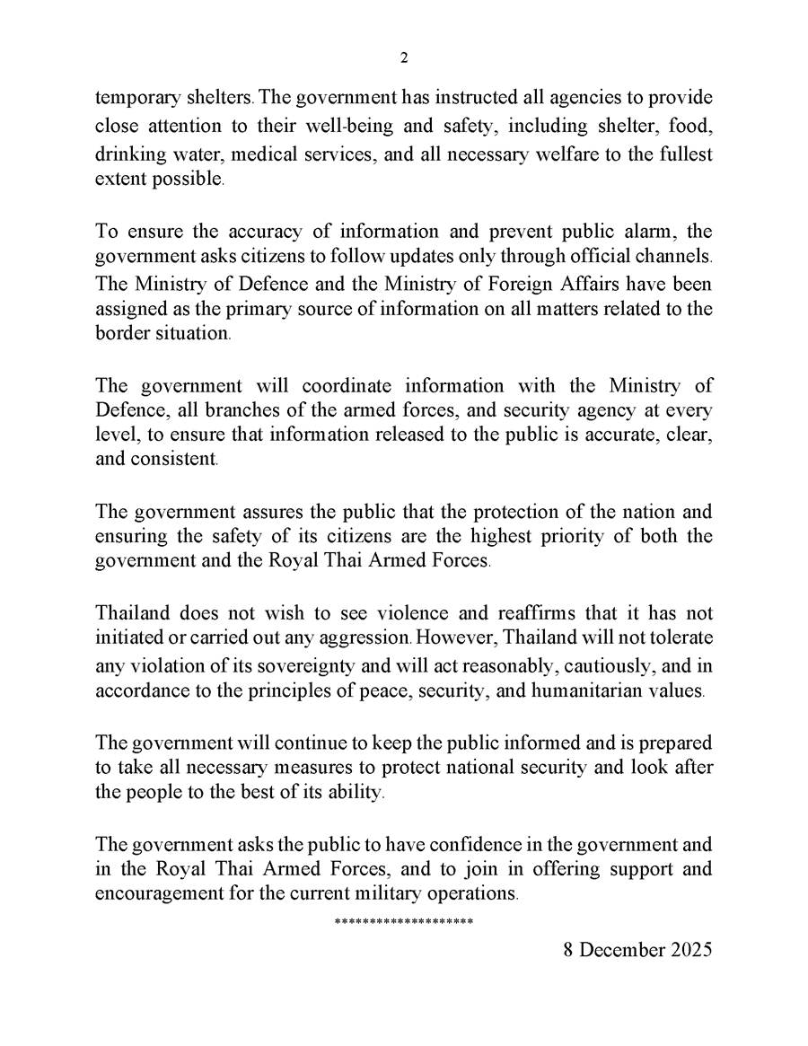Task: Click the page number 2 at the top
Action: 403,58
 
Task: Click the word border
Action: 119,333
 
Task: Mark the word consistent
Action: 176,461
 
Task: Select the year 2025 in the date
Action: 689,949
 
